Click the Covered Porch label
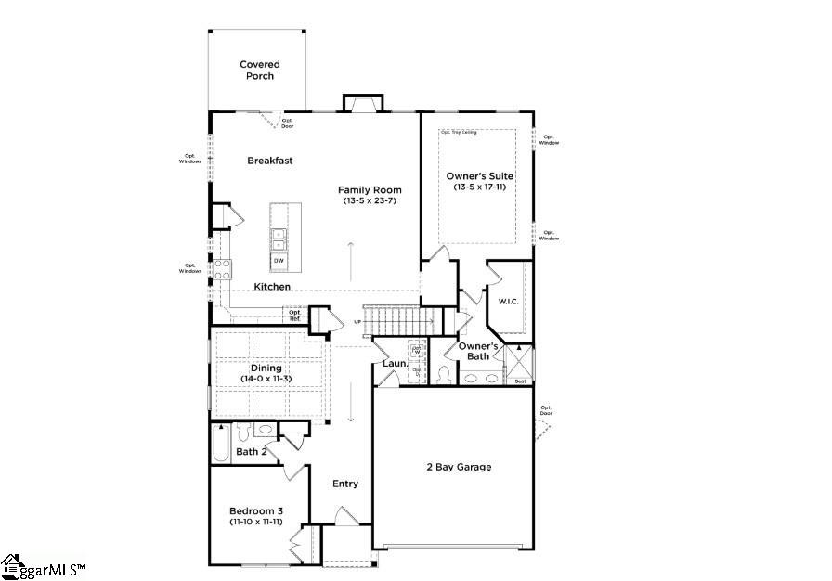(259, 71)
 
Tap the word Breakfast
(269, 161)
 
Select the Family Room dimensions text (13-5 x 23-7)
(370, 200)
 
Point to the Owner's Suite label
(479, 176)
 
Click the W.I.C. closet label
(508, 301)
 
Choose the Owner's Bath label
(478, 351)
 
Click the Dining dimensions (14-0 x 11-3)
(266, 379)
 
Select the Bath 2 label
(252, 452)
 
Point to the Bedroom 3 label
(256, 510)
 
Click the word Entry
(345, 484)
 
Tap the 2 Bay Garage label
(459, 467)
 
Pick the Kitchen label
(272, 287)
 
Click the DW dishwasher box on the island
(279, 261)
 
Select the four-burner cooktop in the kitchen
(223, 269)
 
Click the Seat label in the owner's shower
(520, 381)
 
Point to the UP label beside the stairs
(357, 322)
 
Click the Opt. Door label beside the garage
(547, 410)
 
